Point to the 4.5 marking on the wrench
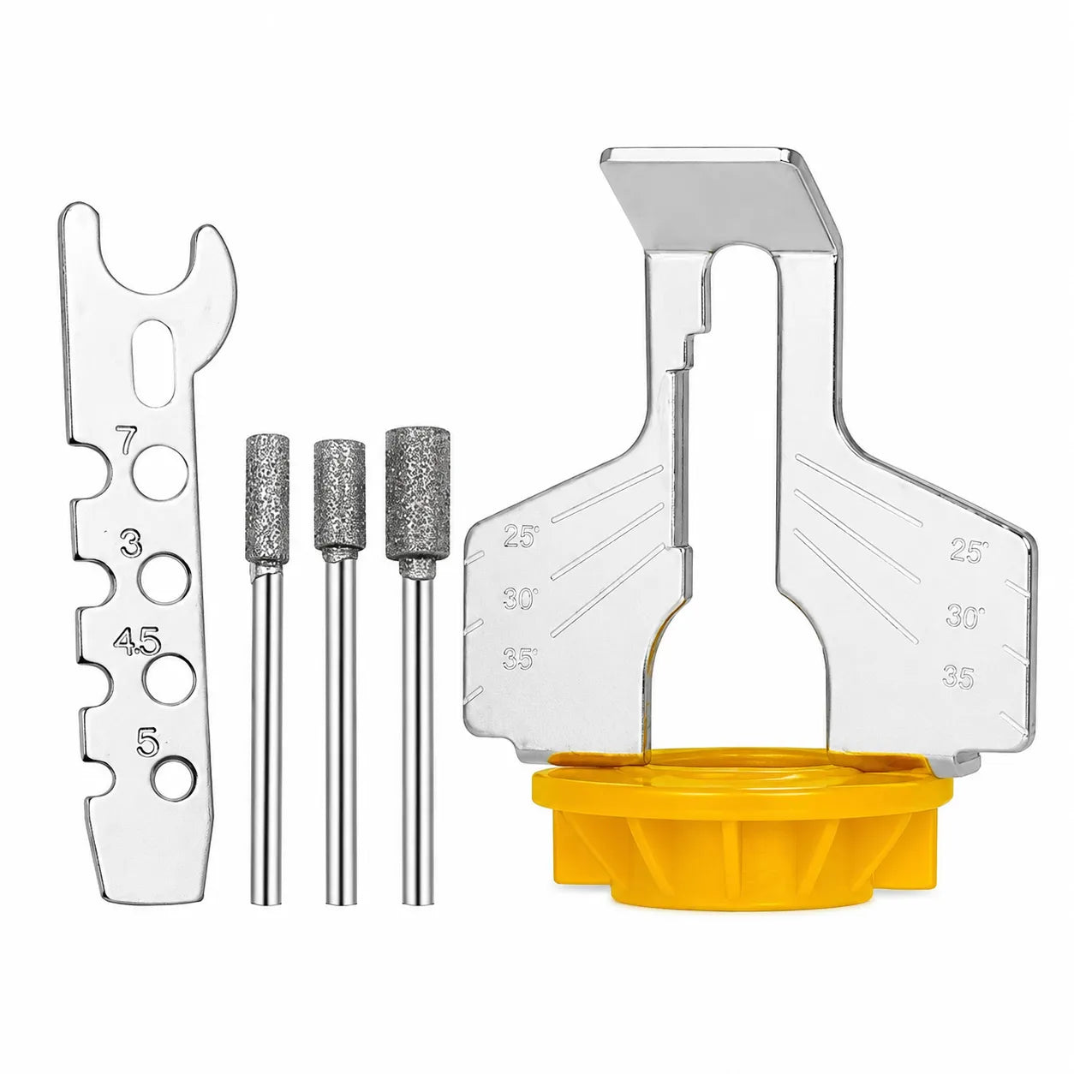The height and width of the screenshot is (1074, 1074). pos(136,641)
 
